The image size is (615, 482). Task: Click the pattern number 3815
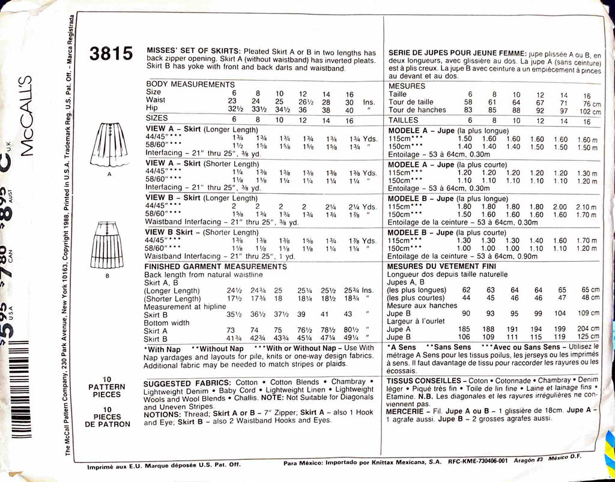click(111, 54)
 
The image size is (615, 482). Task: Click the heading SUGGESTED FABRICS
click(187, 382)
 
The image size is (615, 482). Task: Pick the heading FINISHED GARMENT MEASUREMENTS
click(216, 266)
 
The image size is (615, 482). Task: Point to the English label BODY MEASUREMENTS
click(190, 85)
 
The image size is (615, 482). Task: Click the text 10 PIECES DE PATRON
click(107, 417)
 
